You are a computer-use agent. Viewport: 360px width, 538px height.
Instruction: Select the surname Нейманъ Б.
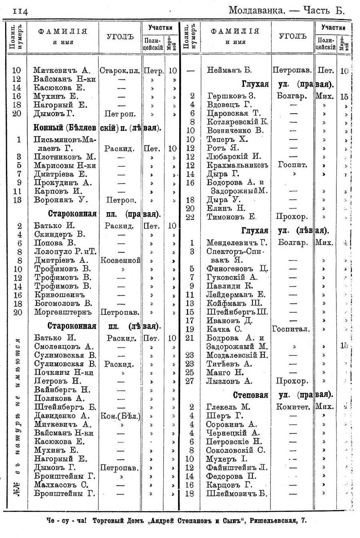pyautogui.click(x=229, y=70)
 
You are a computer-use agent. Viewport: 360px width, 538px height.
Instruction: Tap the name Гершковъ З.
pyautogui.click(x=231, y=96)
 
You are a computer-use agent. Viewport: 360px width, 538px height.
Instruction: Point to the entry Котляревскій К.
pyautogui.click(x=238, y=122)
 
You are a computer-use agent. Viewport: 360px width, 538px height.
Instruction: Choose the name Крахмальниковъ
pyautogui.click(x=237, y=165)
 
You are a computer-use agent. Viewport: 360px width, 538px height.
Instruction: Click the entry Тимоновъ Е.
pyautogui.click(x=232, y=217)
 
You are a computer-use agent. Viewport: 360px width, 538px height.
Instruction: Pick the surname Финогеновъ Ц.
pyautogui.click(x=236, y=269)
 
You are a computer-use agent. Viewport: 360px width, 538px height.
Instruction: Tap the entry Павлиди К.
pyautogui.click(x=230, y=286)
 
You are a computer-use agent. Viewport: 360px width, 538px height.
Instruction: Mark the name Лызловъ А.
pyautogui.click(x=229, y=381)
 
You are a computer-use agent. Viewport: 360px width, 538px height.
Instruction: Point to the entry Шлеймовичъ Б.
pyautogui.click(x=236, y=494)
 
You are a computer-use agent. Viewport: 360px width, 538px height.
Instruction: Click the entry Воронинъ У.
pyautogui.click(x=61, y=200)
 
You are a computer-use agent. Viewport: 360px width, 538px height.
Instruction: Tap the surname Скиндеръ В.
pyautogui.click(x=60, y=234)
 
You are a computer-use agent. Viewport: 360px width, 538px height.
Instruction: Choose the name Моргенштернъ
pyautogui.click(x=63, y=312)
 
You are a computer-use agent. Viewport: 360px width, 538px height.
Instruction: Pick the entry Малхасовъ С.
pyautogui.click(x=61, y=485)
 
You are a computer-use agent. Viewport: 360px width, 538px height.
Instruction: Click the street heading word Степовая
pyautogui.click(x=250, y=395)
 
